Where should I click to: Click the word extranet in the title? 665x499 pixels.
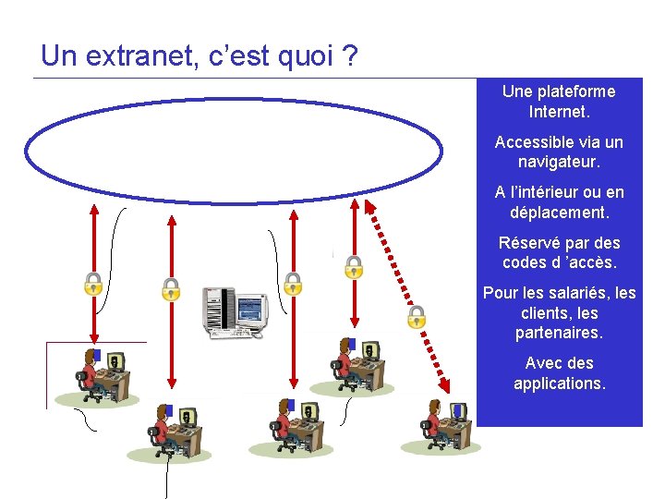131,56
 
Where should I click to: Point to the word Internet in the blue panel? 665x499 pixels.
557,112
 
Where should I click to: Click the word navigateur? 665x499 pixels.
559,162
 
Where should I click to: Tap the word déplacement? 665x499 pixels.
559,213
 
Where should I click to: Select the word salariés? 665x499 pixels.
578,293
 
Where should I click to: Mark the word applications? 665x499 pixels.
559,383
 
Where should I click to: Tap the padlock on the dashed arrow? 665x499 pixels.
417,317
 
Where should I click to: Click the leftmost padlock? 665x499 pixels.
93,283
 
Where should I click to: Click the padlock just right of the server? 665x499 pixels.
293,283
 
